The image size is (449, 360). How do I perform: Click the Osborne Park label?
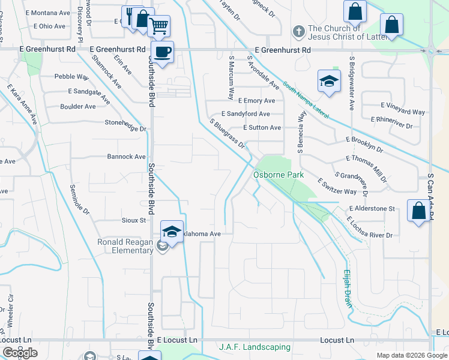point(279,175)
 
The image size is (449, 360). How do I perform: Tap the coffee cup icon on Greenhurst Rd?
point(161,51)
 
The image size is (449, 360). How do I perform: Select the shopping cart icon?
point(158,26)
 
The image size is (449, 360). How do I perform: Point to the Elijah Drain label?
point(348,289)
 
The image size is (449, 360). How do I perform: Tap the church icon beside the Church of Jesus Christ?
point(298,30)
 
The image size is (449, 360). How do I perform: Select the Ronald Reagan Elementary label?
point(125,246)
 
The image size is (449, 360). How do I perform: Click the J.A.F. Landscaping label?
point(255,347)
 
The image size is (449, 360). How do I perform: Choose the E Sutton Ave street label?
point(262,128)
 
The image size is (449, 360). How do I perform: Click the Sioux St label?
point(134,220)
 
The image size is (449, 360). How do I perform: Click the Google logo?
point(20,353)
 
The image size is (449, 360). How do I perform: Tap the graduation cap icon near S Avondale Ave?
point(329,82)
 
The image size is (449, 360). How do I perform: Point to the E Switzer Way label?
point(337,187)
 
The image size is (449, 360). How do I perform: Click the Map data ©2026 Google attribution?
point(412,355)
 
